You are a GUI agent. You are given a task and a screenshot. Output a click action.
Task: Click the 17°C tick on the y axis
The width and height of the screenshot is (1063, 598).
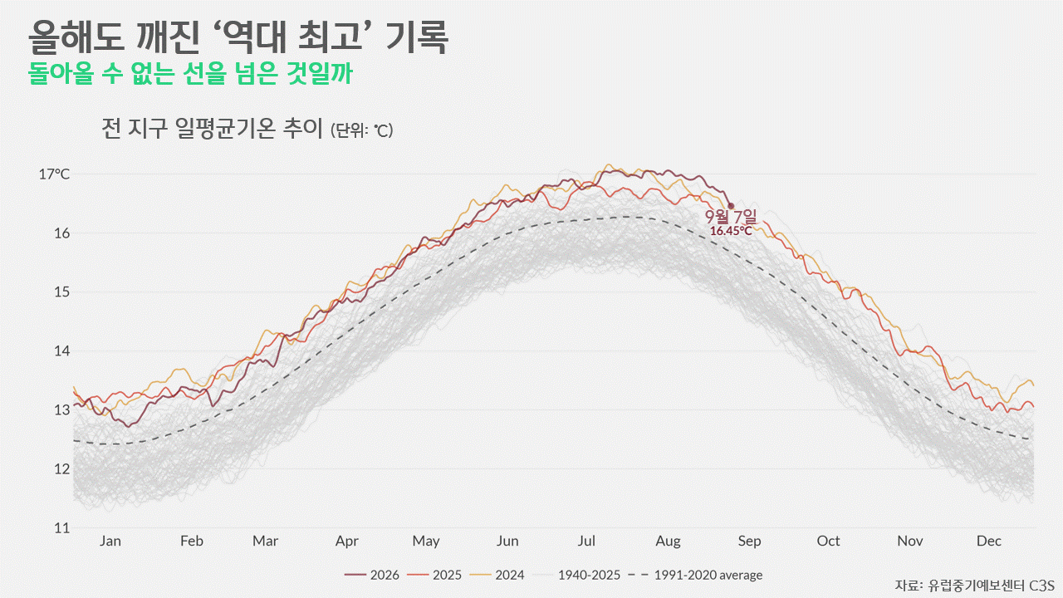(x=54, y=174)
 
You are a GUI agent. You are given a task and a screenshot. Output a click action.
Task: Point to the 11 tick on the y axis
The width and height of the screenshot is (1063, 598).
(x=61, y=527)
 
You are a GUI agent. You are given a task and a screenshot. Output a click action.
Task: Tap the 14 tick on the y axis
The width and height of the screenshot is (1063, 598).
(x=61, y=351)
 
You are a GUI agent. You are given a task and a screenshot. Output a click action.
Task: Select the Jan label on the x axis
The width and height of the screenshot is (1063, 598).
(x=110, y=541)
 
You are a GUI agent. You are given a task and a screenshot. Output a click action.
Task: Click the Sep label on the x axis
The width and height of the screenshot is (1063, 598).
(x=749, y=542)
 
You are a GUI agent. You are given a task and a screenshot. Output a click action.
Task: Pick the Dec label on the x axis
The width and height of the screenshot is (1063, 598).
(x=989, y=541)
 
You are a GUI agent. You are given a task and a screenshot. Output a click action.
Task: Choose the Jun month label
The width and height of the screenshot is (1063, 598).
(x=507, y=541)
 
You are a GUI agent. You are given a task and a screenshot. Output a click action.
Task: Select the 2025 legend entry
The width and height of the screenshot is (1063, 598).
(x=434, y=576)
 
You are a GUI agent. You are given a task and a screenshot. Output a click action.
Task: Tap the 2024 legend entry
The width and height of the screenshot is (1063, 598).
(x=497, y=576)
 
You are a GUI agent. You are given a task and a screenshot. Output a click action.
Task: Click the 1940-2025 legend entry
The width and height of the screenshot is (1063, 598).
(x=576, y=576)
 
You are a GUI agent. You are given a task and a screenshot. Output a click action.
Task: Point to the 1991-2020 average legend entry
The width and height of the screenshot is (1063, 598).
(x=695, y=576)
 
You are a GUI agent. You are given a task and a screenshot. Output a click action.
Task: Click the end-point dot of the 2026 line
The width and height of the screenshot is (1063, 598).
(x=731, y=206)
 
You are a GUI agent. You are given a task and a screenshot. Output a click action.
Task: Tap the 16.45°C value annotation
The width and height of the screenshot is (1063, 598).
(x=731, y=231)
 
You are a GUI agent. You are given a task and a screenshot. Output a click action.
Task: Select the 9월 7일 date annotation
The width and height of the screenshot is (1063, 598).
(x=731, y=217)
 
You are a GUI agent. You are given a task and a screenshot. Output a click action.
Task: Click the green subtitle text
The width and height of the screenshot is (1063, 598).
(x=190, y=74)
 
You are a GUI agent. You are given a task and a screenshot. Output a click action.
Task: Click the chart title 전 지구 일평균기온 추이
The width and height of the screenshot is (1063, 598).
(x=212, y=128)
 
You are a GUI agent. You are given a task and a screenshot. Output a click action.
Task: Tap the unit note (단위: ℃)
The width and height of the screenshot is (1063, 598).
(x=362, y=130)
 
